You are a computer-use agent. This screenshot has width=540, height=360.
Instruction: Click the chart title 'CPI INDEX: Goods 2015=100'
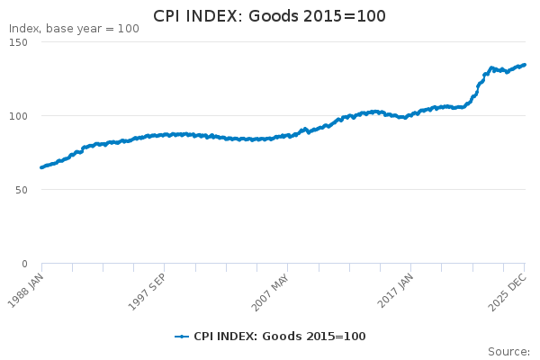[x=269, y=15]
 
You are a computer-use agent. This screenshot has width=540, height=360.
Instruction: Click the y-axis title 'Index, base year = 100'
[x=74, y=29]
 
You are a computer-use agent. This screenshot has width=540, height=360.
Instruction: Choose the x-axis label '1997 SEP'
[x=149, y=287]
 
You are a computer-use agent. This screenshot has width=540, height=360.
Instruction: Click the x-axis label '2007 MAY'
[x=272, y=287]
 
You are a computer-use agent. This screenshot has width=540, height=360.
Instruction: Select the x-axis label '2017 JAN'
[x=396, y=287]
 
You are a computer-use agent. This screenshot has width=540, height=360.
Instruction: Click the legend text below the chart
[x=279, y=337]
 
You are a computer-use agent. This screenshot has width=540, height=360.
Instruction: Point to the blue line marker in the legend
[x=182, y=337]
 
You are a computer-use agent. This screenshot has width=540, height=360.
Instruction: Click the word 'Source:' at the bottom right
[x=508, y=351]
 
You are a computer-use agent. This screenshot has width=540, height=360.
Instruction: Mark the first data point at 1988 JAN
[x=41, y=167]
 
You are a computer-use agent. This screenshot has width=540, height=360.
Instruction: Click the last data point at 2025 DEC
[x=525, y=65]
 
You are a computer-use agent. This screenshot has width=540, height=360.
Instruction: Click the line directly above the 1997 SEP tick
[x=165, y=135]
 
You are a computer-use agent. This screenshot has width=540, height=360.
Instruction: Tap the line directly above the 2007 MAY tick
[x=288, y=136]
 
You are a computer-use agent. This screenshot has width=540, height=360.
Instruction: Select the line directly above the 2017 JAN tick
[x=411, y=115]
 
